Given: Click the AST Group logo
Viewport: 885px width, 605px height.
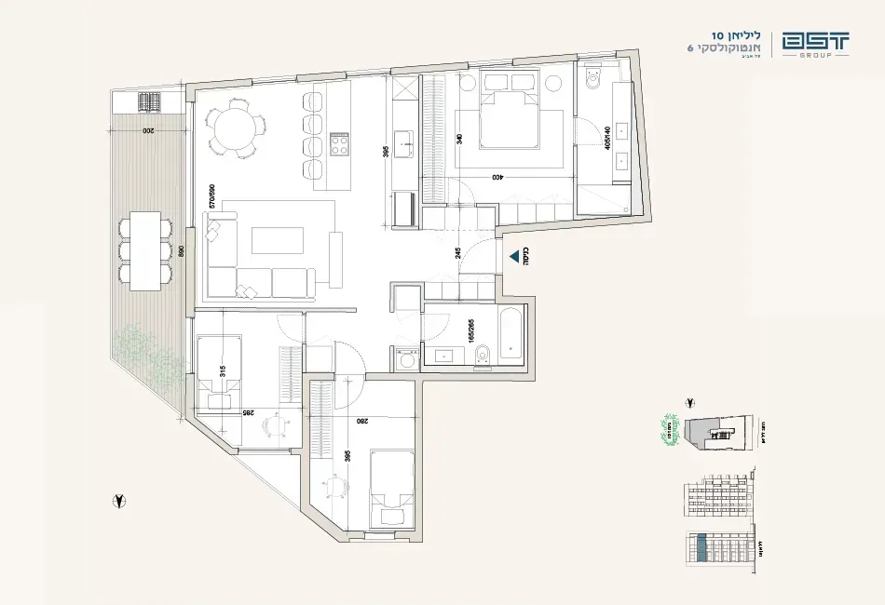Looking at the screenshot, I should pyautogui.click(x=815, y=45).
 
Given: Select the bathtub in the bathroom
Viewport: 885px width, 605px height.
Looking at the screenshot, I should pyautogui.click(x=512, y=336).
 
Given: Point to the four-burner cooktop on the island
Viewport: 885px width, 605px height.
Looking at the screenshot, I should pyautogui.click(x=340, y=144).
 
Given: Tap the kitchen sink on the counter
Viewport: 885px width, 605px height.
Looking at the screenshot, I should pyautogui.click(x=403, y=143).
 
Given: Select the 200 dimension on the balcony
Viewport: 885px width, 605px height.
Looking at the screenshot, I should pyautogui.click(x=146, y=131).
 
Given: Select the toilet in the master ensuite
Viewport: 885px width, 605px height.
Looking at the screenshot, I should pyautogui.click(x=591, y=86).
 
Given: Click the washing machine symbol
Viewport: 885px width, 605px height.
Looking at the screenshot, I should pyautogui.click(x=405, y=358).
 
